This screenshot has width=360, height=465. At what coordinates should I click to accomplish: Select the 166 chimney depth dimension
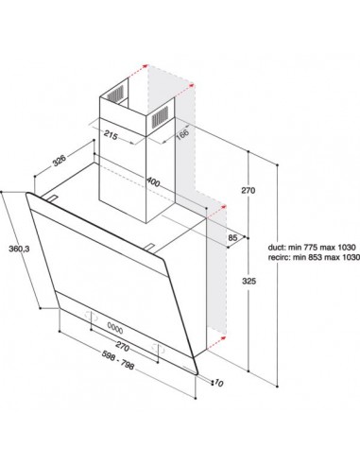pyautogui.click(x=182, y=132)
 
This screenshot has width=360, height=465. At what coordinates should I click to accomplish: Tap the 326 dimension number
pyautogui.click(x=60, y=160)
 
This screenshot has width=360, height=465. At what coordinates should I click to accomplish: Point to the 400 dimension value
pyautogui.click(x=153, y=181)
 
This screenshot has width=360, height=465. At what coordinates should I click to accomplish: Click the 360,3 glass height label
pyautogui.click(x=19, y=249)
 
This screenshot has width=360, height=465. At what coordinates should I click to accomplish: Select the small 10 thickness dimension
pyautogui.click(x=219, y=384)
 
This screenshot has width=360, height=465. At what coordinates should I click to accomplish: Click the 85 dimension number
pyautogui.click(x=232, y=237)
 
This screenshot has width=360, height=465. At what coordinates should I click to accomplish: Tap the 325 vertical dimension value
pyautogui.click(x=249, y=281)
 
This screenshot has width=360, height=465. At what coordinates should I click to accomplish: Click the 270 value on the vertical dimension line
pyautogui.click(x=249, y=190)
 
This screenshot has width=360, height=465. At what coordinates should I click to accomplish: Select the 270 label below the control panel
pyautogui.click(x=122, y=346)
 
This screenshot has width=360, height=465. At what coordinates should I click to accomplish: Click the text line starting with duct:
pyautogui.click(x=312, y=247)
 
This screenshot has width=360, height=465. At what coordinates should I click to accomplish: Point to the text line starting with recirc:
pyautogui.click(x=314, y=257)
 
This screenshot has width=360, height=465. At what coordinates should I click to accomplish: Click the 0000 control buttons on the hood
pyautogui.click(x=115, y=328)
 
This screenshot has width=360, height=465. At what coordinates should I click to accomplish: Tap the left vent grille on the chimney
pyautogui.click(x=115, y=94)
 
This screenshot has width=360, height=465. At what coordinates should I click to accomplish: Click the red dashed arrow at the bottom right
pyautogui.click(x=216, y=343)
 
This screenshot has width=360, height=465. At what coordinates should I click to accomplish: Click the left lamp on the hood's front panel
pyautogui.click(x=89, y=315)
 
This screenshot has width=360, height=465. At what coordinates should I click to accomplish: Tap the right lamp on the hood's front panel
pyautogui.click(x=159, y=348)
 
